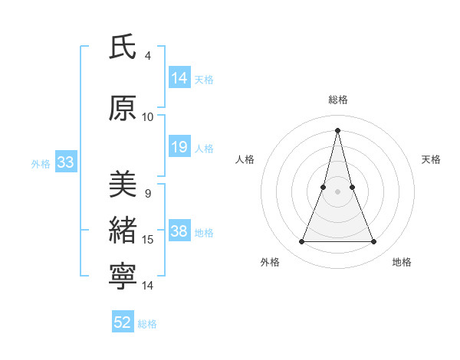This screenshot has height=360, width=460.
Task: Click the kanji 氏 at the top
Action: tap(123, 47)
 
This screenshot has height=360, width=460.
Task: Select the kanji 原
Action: tap(123, 109)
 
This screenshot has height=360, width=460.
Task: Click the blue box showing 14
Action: tap(179, 78)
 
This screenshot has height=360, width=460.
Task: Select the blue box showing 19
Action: tap(179, 147)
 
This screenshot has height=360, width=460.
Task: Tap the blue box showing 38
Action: tap(179, 231)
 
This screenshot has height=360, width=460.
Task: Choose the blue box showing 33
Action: tap(65, 162)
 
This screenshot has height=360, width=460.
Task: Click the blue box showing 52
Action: tap(123, 322)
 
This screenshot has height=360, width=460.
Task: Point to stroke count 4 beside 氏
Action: tap(148, 55)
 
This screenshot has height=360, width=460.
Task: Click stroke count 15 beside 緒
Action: tap(148, 240)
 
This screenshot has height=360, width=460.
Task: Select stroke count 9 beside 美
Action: tap(148, 194)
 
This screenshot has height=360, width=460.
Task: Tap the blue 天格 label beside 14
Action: tap(204, 79)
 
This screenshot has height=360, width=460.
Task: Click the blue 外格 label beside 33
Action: tap(41, 163)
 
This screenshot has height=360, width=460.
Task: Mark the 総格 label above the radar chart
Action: tap(338, 100)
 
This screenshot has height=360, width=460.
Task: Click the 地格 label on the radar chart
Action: tap(402, 262)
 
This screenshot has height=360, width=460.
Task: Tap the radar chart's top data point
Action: tap(338, 129)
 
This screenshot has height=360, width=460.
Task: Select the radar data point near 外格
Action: tap(302, 242)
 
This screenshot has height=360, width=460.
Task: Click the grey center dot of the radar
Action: tap(338, 191)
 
